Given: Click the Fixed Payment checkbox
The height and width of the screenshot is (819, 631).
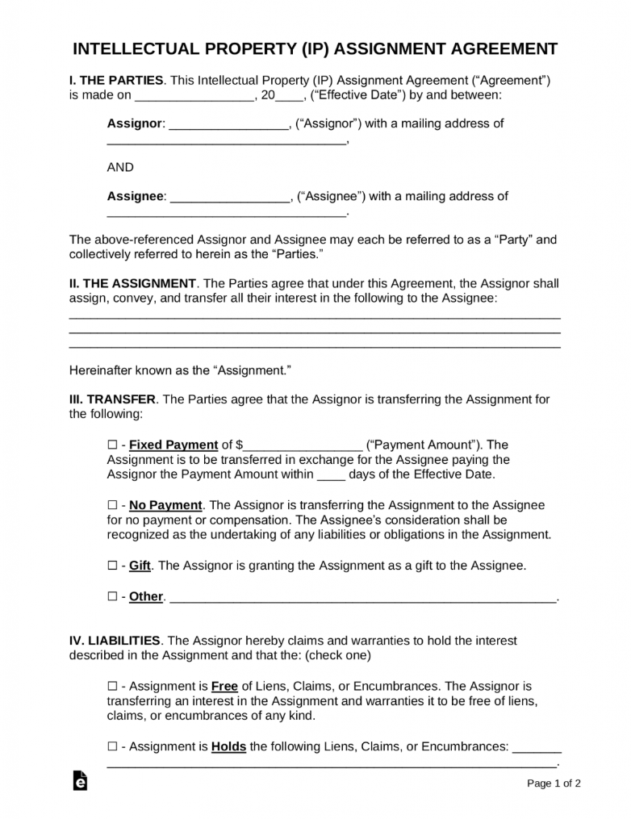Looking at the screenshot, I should (112, 445).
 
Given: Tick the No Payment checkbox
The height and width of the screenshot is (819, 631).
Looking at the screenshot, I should (112, 505).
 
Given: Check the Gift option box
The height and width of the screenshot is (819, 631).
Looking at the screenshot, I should (112, 566).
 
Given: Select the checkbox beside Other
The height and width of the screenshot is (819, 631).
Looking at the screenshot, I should (112, 597).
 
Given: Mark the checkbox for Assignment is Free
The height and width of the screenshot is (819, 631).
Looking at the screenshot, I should (112, 687).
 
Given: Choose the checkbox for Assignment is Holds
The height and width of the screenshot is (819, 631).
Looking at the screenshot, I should (112, 747).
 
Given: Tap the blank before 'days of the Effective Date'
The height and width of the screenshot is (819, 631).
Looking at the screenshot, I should (331, 476).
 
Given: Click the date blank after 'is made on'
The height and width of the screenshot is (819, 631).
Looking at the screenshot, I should (194, 96).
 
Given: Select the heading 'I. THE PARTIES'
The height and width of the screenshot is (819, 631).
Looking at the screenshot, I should (117, 80).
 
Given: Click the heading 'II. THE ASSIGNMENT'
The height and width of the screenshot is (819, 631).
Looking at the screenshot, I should (133, 284).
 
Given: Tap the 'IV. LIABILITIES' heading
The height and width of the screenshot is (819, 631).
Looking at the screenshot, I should (115, 641).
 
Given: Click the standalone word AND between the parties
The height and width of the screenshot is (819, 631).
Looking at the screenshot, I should (120, 168).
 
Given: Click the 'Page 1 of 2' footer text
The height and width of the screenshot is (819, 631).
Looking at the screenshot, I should (554, 783).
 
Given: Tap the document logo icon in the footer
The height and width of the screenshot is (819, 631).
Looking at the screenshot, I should (80, 780).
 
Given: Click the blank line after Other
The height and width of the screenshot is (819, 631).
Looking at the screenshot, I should (363, 599).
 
